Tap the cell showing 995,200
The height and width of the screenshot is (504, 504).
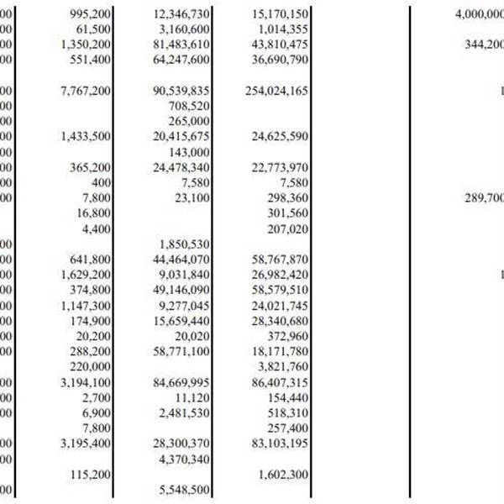(87, 15)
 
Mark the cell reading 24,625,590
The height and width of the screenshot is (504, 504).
(280, 136)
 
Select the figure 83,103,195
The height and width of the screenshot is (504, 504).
(280, 444)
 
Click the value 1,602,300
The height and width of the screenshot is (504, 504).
(283, 475)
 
